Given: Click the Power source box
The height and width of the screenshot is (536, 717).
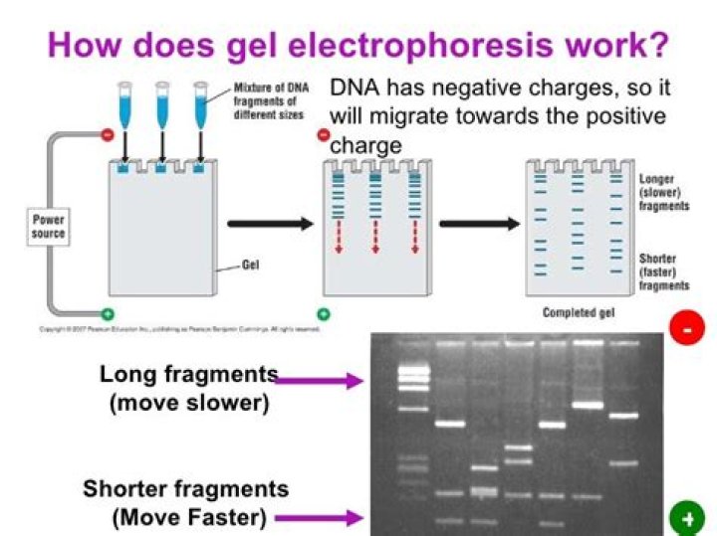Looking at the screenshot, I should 49,226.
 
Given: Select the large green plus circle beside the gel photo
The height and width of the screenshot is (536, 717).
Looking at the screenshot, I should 688,517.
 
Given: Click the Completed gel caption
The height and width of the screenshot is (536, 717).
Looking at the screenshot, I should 578,312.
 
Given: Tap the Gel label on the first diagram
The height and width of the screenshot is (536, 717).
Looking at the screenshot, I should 251,266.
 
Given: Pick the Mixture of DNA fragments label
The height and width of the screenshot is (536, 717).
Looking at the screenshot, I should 270,99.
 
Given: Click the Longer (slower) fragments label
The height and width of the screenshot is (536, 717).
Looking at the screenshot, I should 663,193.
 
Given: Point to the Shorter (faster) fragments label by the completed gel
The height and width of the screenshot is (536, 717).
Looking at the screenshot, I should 663,271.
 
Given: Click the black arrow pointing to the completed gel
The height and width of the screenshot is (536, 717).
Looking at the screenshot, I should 478,224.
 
